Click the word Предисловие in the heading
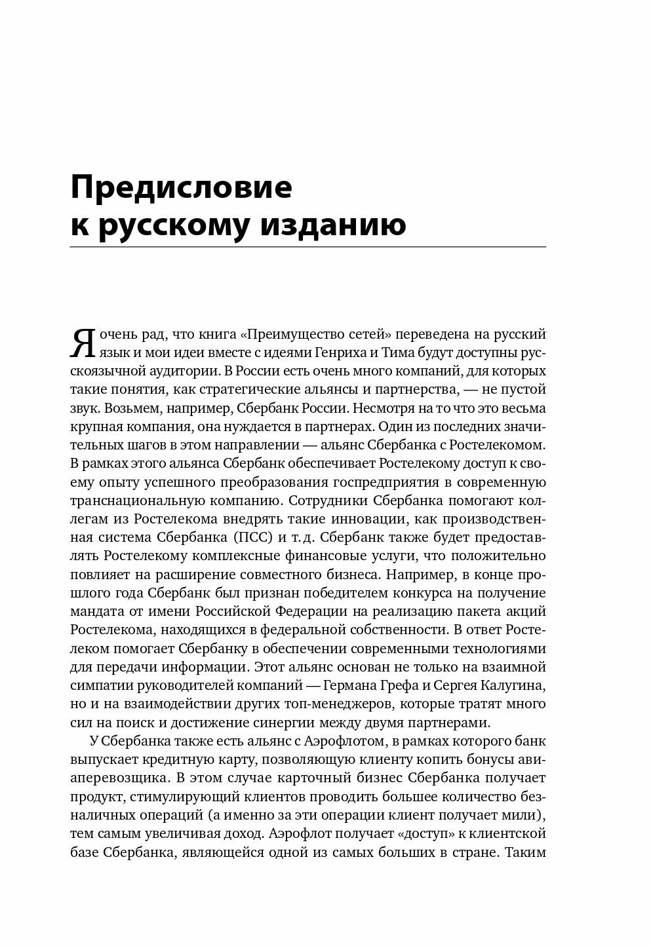(x=180, y=188)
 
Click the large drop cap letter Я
(x=83, y=343)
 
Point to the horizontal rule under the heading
(x=307, y=246)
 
